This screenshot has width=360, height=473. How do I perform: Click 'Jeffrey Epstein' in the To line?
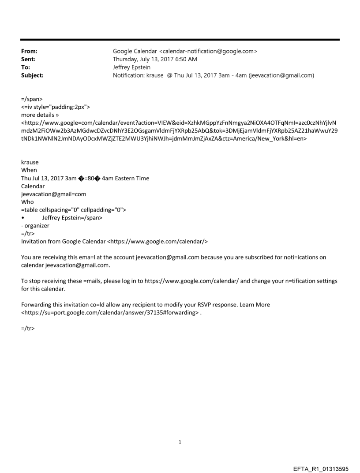[132, 67]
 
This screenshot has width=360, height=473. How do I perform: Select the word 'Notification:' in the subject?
[130, 75]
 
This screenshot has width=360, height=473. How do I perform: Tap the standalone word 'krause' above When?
[30, 162]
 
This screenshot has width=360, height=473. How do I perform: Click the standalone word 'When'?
[29, 170]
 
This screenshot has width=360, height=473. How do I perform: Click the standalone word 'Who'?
[27, 202]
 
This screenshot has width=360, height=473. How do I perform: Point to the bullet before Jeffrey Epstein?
[23, 218]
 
